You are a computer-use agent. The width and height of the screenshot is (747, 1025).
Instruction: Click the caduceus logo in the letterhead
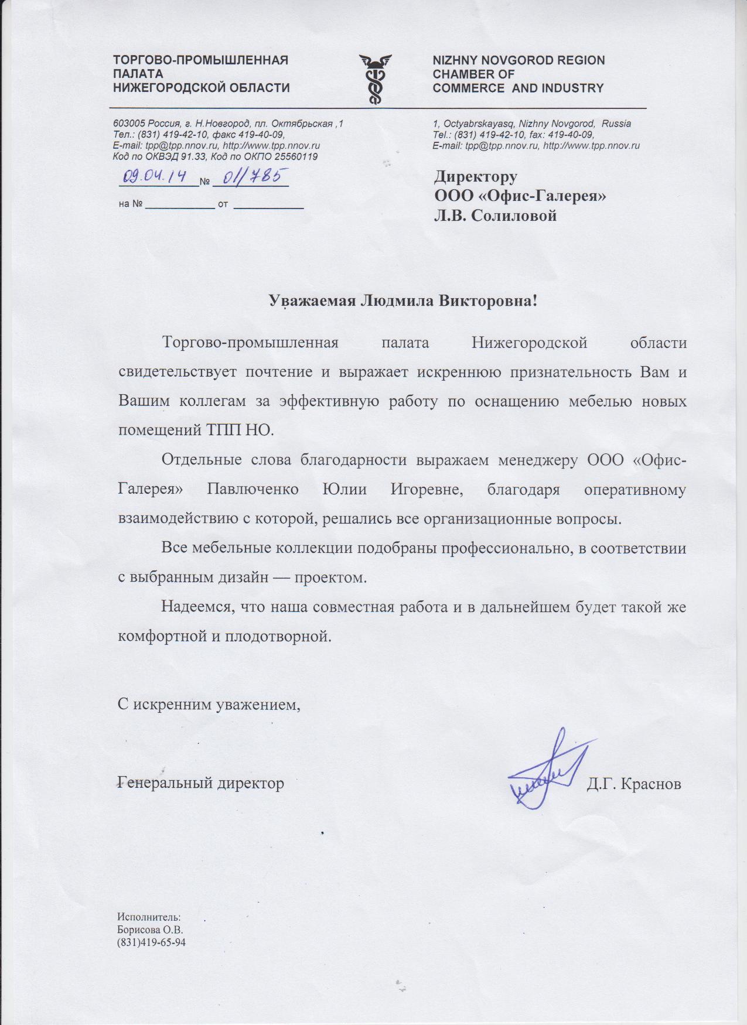375,79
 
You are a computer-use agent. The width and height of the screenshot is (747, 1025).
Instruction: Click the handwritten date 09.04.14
153,176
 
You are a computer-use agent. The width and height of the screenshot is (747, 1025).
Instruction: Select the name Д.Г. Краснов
634,784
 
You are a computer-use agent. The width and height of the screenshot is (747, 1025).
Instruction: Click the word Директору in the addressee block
475,176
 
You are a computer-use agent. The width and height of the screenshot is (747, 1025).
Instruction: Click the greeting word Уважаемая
312,301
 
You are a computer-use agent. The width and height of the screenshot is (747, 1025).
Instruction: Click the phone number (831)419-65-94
151,942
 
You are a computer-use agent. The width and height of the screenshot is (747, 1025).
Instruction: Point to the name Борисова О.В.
150,930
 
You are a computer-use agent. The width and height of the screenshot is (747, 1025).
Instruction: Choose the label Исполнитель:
149,917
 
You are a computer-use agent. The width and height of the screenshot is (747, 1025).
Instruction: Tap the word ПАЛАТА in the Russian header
138,74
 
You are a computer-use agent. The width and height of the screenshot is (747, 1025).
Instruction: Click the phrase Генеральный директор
201,783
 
